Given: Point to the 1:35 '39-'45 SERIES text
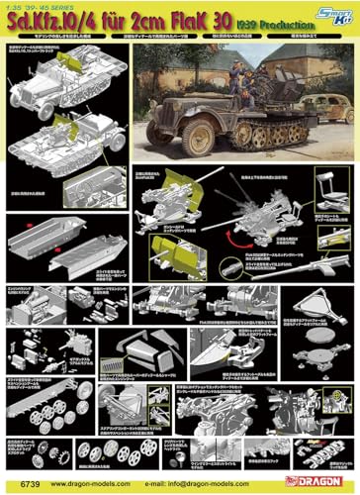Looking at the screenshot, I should click(x=42, y=6).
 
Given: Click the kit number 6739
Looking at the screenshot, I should click(x=21, y=486).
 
